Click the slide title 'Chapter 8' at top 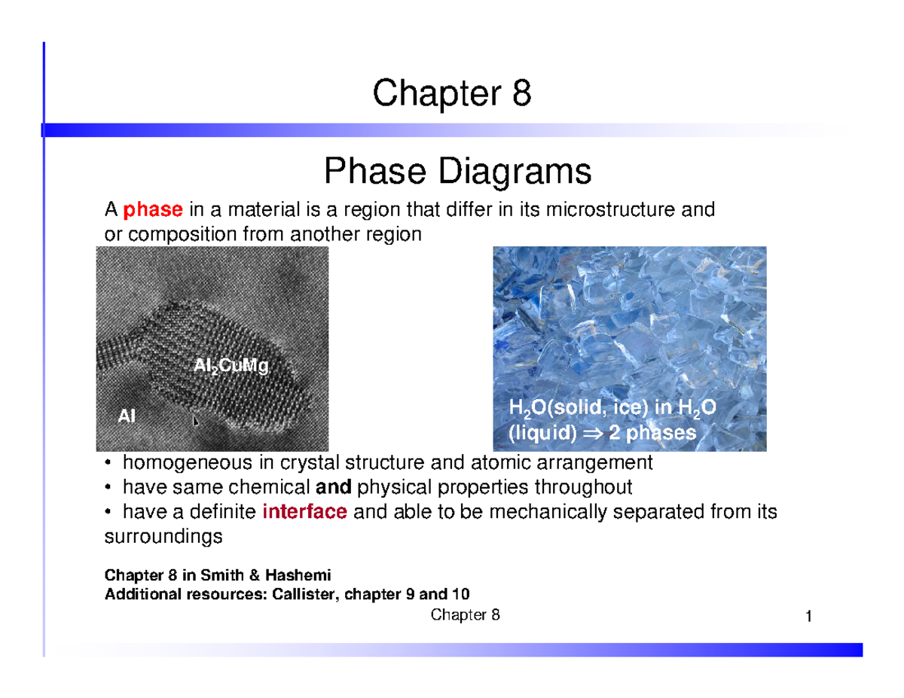pyautogui.click(x=452, y=95)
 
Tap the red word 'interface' pyautogui.click(x=305, y=513)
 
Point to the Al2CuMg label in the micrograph pyautogui.click(x=231, y=367)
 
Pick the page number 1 pyautogui.click(x=807, y=617)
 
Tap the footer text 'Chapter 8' pyautogui.click(x=465, y=616)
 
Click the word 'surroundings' pyautogui.click(x=163, y=538)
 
